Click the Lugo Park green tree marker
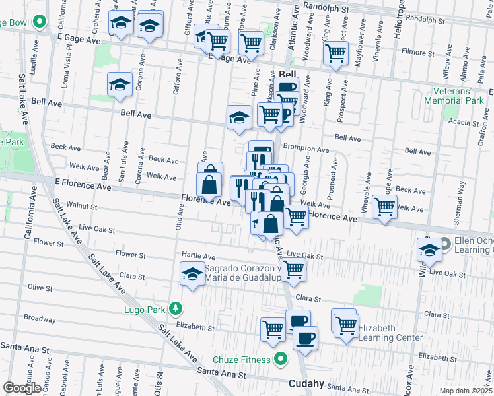175,308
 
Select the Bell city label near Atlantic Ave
288,75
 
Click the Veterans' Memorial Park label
459,96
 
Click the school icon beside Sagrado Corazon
192,274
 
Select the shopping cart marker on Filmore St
337,52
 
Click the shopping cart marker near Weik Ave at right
384,207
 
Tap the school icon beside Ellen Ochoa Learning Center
429,250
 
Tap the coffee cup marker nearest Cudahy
304,337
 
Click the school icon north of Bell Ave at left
120,84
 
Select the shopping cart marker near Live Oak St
293,268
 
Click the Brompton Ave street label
306,150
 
